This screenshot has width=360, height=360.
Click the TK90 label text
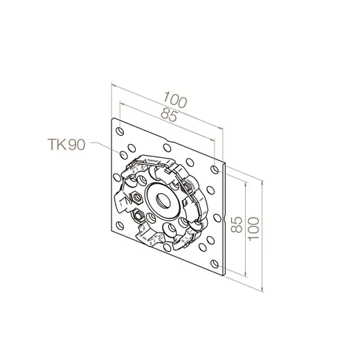pyautogui.click(x=66, y=145)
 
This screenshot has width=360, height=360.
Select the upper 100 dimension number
pyautogui.click(x=175, y=100)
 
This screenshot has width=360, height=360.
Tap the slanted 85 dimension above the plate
pyautogui.click(x=170, y=115)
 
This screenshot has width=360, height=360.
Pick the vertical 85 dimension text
pyautogui.click(x=237, y=224)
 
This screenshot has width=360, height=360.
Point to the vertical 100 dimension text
pyautogui.click(x=253, y=228)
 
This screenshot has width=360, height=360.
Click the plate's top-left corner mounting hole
pyautogui.click(x=120, y=132)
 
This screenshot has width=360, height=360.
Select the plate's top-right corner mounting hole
pyautogui.click(x=215, y=170)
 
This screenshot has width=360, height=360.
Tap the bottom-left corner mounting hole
pyautogui.click(x=120, y=226)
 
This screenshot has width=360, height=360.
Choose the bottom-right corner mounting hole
pyautogui.click(x=215, y=264)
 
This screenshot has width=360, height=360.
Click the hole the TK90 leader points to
pyautogui.click(x=123, y=154)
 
